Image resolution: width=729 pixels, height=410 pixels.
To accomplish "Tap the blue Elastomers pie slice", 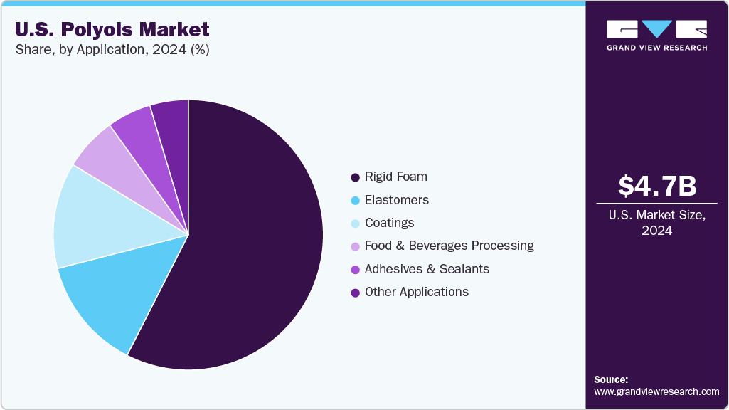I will click(x=114, y=299).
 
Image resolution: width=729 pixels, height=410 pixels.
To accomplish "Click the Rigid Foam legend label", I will click(x=395, y=177).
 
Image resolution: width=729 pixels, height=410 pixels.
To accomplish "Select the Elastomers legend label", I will click(x=396, y=200).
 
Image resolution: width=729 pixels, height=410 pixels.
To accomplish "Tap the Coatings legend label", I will click(x=389, y=223).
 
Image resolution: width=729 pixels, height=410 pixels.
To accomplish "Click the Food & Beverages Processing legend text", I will click(x=449, y=246).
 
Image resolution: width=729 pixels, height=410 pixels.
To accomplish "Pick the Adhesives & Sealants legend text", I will click(x=427, y=269).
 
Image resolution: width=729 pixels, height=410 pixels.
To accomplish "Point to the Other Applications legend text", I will click(x=416, y=292).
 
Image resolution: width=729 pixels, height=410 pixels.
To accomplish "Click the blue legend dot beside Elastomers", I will click(x=355, y=200).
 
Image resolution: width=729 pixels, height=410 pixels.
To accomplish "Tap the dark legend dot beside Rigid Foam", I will click(x=355, y=177).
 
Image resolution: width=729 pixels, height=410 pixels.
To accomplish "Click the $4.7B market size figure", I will click(x=656, y=186).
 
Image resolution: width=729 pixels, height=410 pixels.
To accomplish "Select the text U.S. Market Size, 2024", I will click(x=656, y=223).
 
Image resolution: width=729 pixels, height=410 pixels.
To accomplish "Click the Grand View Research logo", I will click(x=656, y=35).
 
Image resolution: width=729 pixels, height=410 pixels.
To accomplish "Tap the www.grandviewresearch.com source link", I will click(x=656, y=391).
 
